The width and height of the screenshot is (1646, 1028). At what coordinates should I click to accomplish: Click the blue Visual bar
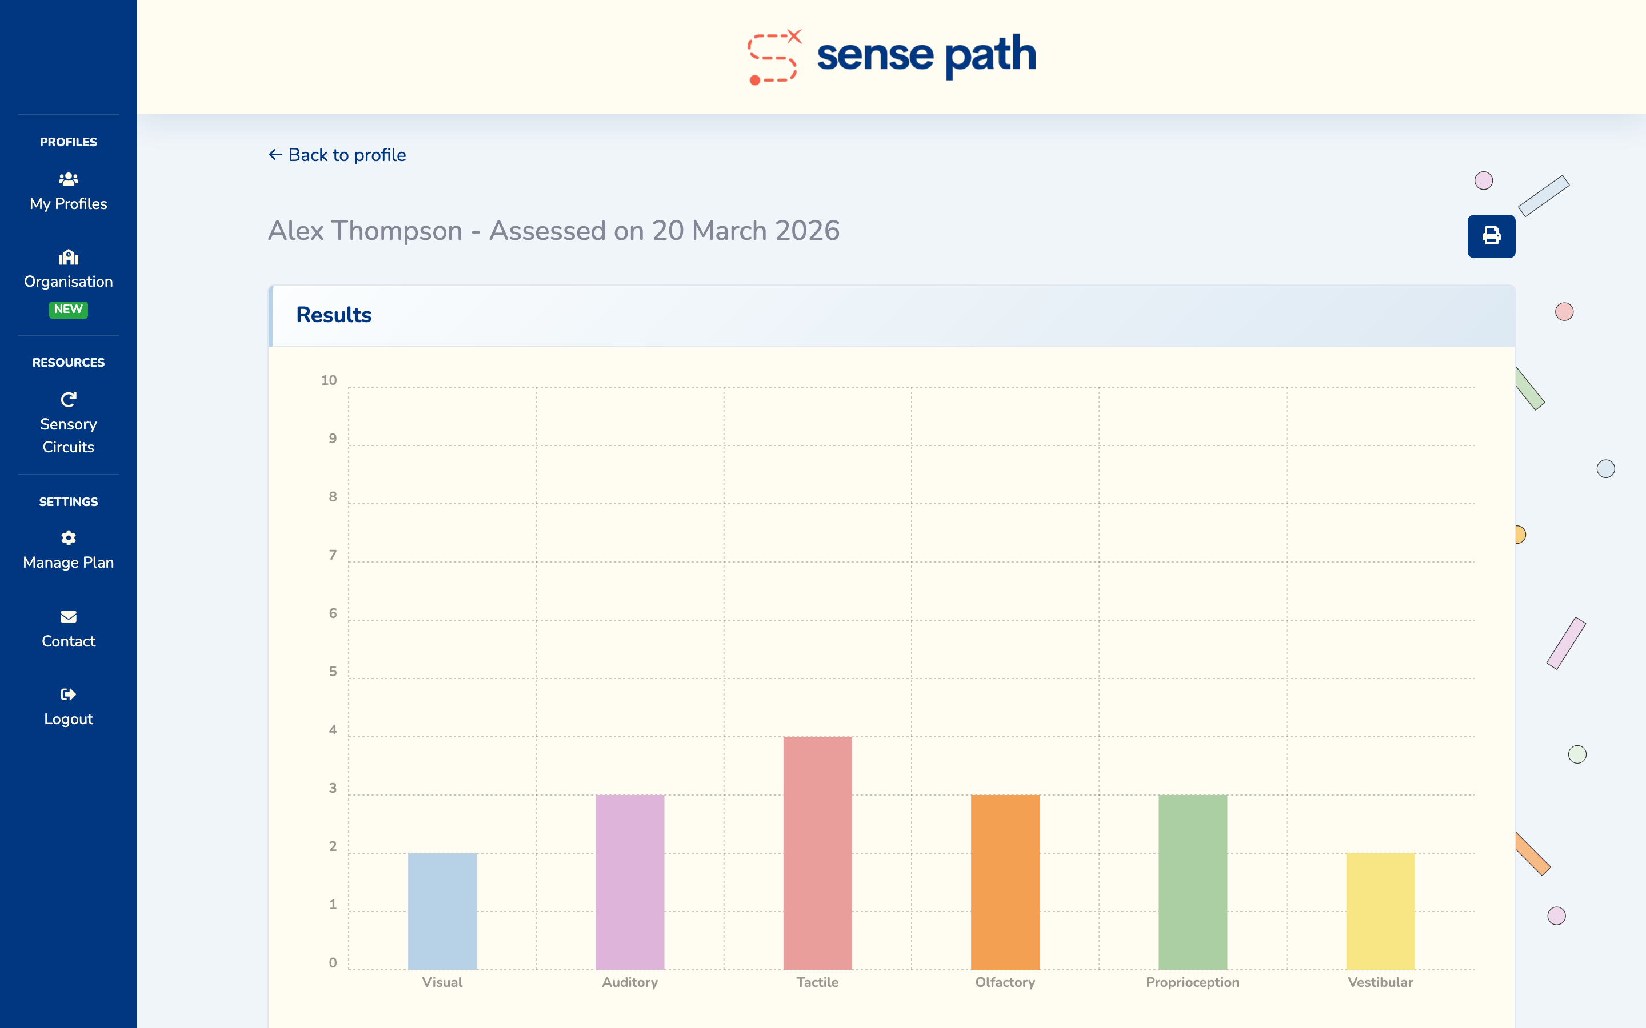point(442,911)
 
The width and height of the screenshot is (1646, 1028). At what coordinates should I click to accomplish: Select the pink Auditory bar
point(630,882)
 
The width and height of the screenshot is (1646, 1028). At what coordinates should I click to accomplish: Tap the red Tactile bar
point(817,853)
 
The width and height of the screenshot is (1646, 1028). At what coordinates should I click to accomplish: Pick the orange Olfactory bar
point(1005,882)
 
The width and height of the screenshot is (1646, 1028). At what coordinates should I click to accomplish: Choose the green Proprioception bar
point(1192,882)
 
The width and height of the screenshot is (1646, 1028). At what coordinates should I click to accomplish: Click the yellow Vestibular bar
point(1380,911)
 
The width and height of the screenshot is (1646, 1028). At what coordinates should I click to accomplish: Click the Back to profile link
point(337,155)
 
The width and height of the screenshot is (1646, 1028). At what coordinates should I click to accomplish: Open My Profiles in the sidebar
point(69,192)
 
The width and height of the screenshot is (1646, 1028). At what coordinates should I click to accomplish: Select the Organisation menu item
point(69,270)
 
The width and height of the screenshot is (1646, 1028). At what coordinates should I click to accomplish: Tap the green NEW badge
point(69,310)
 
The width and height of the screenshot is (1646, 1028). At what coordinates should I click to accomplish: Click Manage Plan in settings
point(69,551)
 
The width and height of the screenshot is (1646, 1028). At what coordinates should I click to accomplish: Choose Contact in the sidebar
point(69,629)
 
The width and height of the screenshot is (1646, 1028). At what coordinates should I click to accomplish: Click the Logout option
point(69,707)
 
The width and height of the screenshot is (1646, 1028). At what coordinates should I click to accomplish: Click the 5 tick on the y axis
point(333,672)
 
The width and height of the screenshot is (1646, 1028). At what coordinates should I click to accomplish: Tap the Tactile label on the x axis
point(817,982)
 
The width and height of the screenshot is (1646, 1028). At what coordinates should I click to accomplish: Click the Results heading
point(334,315)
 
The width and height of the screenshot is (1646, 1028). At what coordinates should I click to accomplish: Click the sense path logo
point(892,56)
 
